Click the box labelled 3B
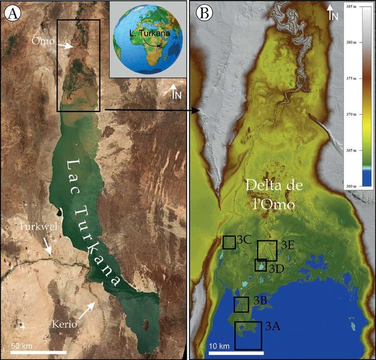coord(241,304)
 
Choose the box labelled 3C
coord(229,242)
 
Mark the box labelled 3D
coord(261,265)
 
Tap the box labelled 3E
coord(267,250)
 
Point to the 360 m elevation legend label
coord(362,187)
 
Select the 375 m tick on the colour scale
coord(362,80)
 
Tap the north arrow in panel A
coord(176,91)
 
